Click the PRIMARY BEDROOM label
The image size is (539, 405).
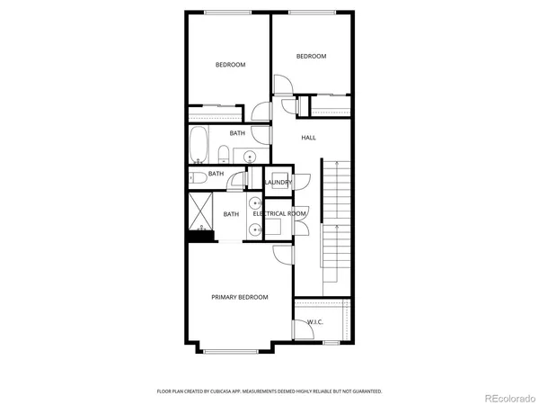click(239, 297)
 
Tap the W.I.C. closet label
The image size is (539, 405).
click(314, 321)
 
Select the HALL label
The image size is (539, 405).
click(308, 138)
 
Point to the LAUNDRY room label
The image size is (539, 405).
click(278, 183)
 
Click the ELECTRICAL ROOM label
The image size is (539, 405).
click(281, 213)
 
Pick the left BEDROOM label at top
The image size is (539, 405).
click(230, 64)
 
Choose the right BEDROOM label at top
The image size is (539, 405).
click(311, 56)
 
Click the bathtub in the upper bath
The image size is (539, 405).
click(199, 145)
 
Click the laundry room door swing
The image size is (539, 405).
click(303, 183)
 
